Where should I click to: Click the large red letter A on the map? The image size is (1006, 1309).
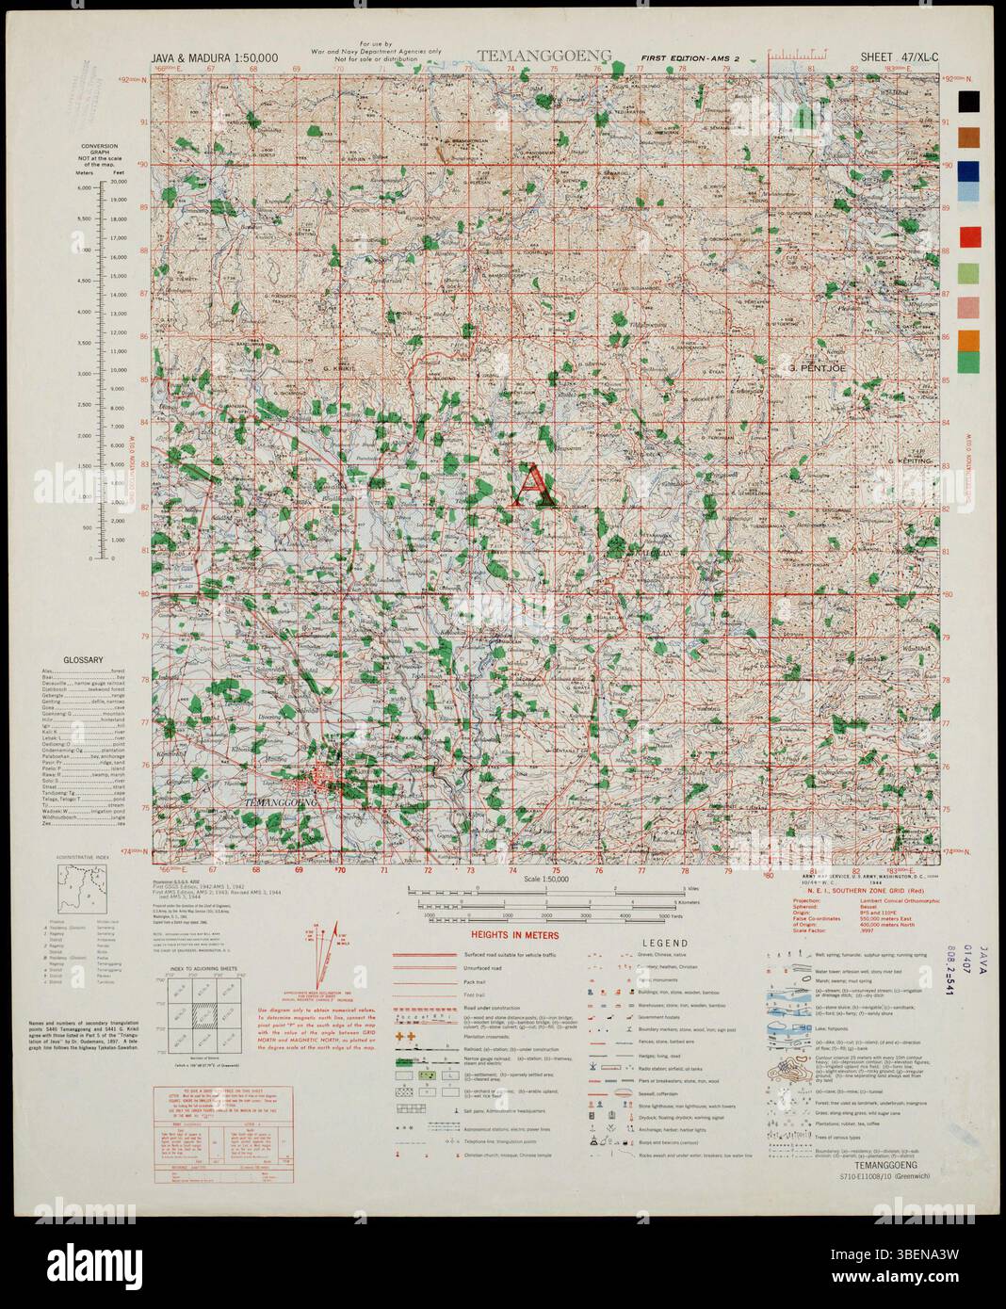click(532, 486)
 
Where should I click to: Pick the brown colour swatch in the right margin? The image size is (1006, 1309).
click(970, 138)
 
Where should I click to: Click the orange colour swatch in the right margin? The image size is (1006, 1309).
click(970, 339)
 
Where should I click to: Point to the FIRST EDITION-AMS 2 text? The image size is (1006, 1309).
click(690, 58)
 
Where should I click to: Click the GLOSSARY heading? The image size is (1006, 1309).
click(83, 660)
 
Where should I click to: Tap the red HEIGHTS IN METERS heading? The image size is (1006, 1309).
click(515, 936)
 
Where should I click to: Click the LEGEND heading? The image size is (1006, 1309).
click(665, 943)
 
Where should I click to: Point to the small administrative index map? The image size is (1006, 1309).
click(81, 888)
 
